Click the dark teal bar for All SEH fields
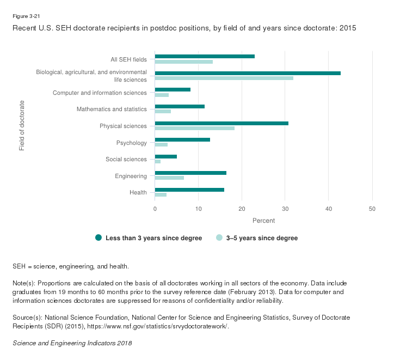pos(205,56)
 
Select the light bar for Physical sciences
pos(195,129)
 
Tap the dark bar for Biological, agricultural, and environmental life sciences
pos(248,72)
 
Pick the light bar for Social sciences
pos(158,162)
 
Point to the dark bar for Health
pos(189,190)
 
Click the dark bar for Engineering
pos(190,173)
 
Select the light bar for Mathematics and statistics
pos(163,112)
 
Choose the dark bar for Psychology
pos(182,139)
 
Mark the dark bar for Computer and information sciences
pos(173,89)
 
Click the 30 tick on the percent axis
pos(285,209)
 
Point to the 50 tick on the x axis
pos(372,209)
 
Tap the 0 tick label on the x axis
pos(155,209)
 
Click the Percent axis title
pos(263,221)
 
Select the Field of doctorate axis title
pos(22,125)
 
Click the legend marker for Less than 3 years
pos(98,237)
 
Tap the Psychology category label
pos(132,143)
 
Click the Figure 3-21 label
pos(26,16)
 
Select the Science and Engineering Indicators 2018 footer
pos(72,344)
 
